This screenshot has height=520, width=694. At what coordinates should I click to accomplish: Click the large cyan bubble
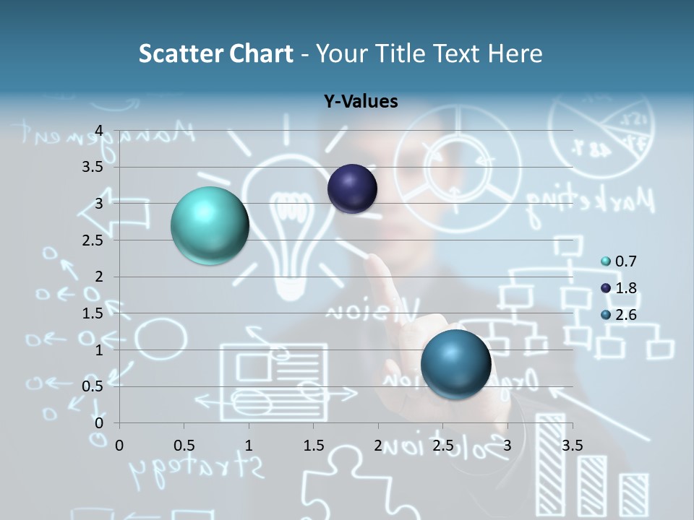click(x=210, y=225)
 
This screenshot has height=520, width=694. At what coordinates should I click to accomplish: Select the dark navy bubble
click(x=352, y=188)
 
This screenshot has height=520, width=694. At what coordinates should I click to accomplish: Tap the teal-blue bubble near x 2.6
click(x=455, y=364)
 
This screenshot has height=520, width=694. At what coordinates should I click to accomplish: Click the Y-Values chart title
click(x=360, y=102)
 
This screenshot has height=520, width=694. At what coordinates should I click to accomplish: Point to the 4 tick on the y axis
click(x=99, y=131)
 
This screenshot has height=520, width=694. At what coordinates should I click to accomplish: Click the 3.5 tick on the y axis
click(x=93, y=167)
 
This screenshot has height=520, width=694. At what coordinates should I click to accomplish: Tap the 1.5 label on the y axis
click(x=93, y=313)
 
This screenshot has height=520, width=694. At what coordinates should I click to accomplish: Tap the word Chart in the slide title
click(x=261, y=53)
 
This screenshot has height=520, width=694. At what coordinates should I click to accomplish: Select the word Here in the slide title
click(x=515, y=53)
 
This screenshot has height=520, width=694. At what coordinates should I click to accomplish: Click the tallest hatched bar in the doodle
click(x=551, y=462)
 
